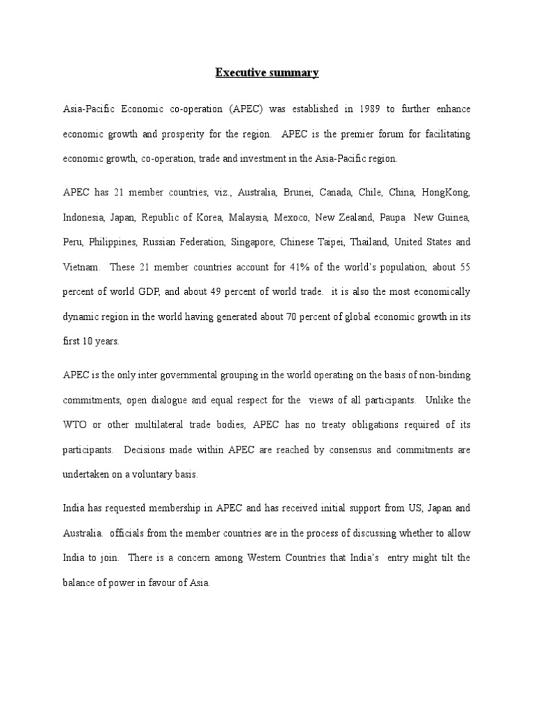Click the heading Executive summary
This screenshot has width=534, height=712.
267,72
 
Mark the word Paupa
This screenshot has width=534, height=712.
394,218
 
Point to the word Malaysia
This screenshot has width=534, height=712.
248,218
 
